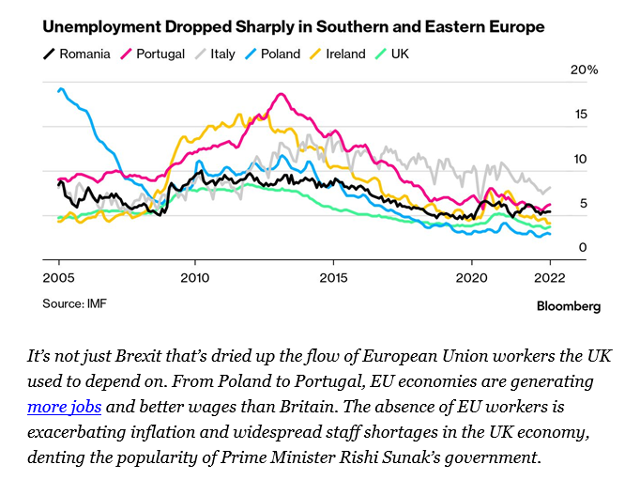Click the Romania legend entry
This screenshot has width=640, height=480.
coord(78,54)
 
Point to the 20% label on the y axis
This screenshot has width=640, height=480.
coord(585,70)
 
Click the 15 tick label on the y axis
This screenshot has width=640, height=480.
coord(581,115)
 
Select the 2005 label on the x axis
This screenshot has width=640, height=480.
coord(58,278)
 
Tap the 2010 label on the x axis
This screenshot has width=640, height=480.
coord(195,278)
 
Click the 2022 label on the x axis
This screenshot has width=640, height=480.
coord(550,278)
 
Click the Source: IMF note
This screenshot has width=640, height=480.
coord(73,303)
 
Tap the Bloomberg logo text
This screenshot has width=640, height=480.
coord(568,306)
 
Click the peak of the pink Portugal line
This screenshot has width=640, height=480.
coord(279,94)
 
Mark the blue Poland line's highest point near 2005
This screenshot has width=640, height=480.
coord(62,89)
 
